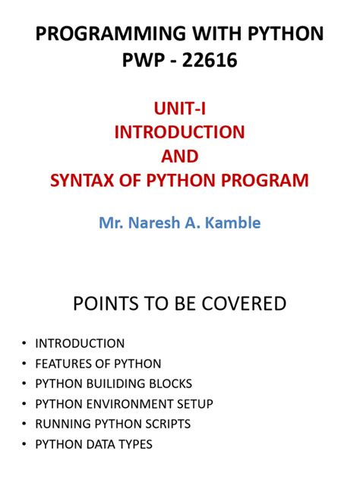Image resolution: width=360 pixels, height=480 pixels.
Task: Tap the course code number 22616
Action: [x=207, y=60]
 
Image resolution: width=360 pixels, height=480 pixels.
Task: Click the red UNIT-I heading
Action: [x=179, y=109]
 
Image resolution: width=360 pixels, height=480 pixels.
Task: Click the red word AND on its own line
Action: [x=179, y=156]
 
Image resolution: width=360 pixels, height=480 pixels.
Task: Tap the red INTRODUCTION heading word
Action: [x=179, y=132]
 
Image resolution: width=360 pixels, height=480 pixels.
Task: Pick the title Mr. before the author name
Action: [x=113, y=224]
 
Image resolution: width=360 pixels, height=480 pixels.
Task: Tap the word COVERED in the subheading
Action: [x=248, y=305]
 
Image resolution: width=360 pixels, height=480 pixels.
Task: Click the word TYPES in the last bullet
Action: [x=134, y=444]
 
